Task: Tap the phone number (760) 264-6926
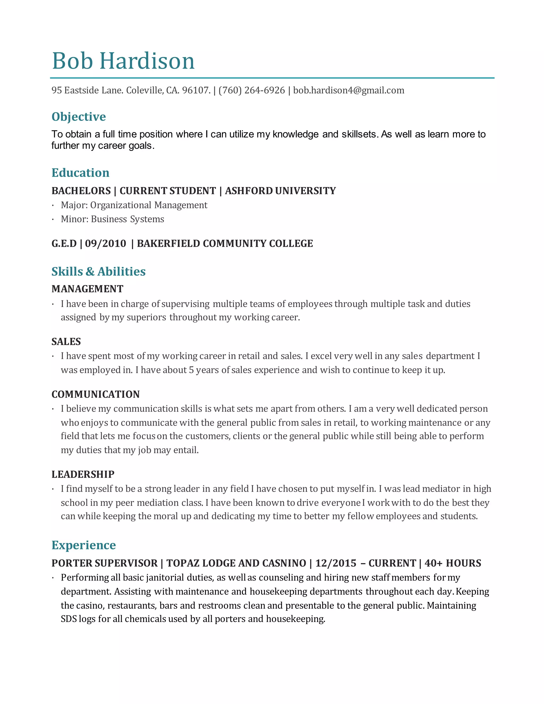(252, 90)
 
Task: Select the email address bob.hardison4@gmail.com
(349, 90)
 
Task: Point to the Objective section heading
(79, 117)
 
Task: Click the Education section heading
(80, 173)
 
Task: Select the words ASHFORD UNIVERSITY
(280, 191)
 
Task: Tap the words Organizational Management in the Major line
(148, 205)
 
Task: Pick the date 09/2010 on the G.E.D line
(105, 243)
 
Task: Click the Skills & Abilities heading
(99, 272)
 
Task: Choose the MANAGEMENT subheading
(87, 289)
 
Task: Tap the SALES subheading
(66, 342)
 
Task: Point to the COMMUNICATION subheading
(96, 394)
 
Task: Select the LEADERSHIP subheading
(83, 474)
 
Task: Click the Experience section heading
(84, 545)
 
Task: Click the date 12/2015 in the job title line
(335, 563)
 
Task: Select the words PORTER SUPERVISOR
(104, 563)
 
